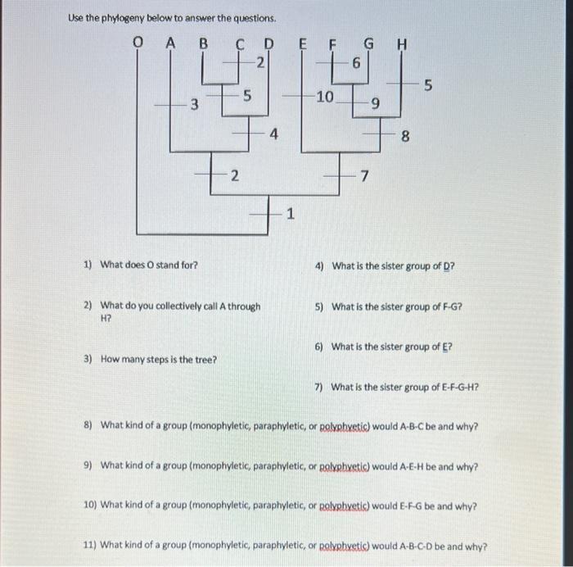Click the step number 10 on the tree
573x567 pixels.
(324, 97)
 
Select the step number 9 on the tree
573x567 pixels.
(375, 103)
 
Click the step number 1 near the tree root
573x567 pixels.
(289, 215)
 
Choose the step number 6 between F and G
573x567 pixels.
(356, 62)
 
